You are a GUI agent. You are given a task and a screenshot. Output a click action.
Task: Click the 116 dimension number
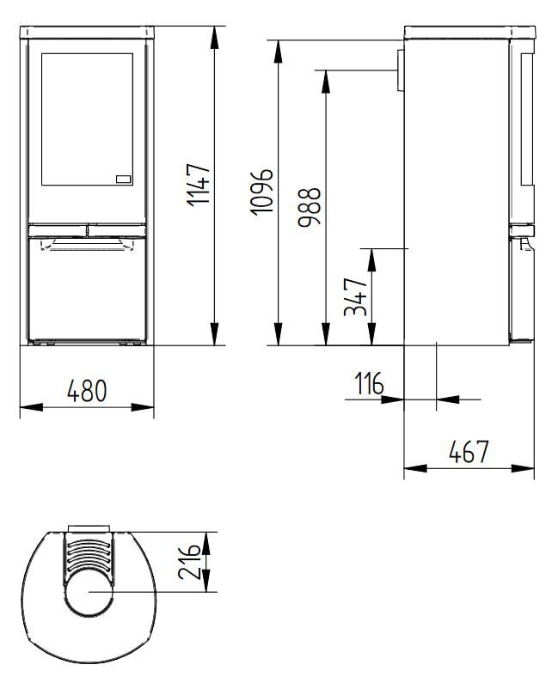367,384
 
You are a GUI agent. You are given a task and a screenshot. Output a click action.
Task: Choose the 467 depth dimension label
469,452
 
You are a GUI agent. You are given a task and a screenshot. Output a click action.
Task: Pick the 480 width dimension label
86,391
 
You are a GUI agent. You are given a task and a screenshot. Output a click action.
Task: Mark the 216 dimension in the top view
193,562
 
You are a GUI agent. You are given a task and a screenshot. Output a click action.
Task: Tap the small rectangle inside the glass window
122,180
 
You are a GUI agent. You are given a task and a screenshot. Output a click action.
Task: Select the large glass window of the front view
86,120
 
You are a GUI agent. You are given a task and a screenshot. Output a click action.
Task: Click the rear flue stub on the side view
400,70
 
